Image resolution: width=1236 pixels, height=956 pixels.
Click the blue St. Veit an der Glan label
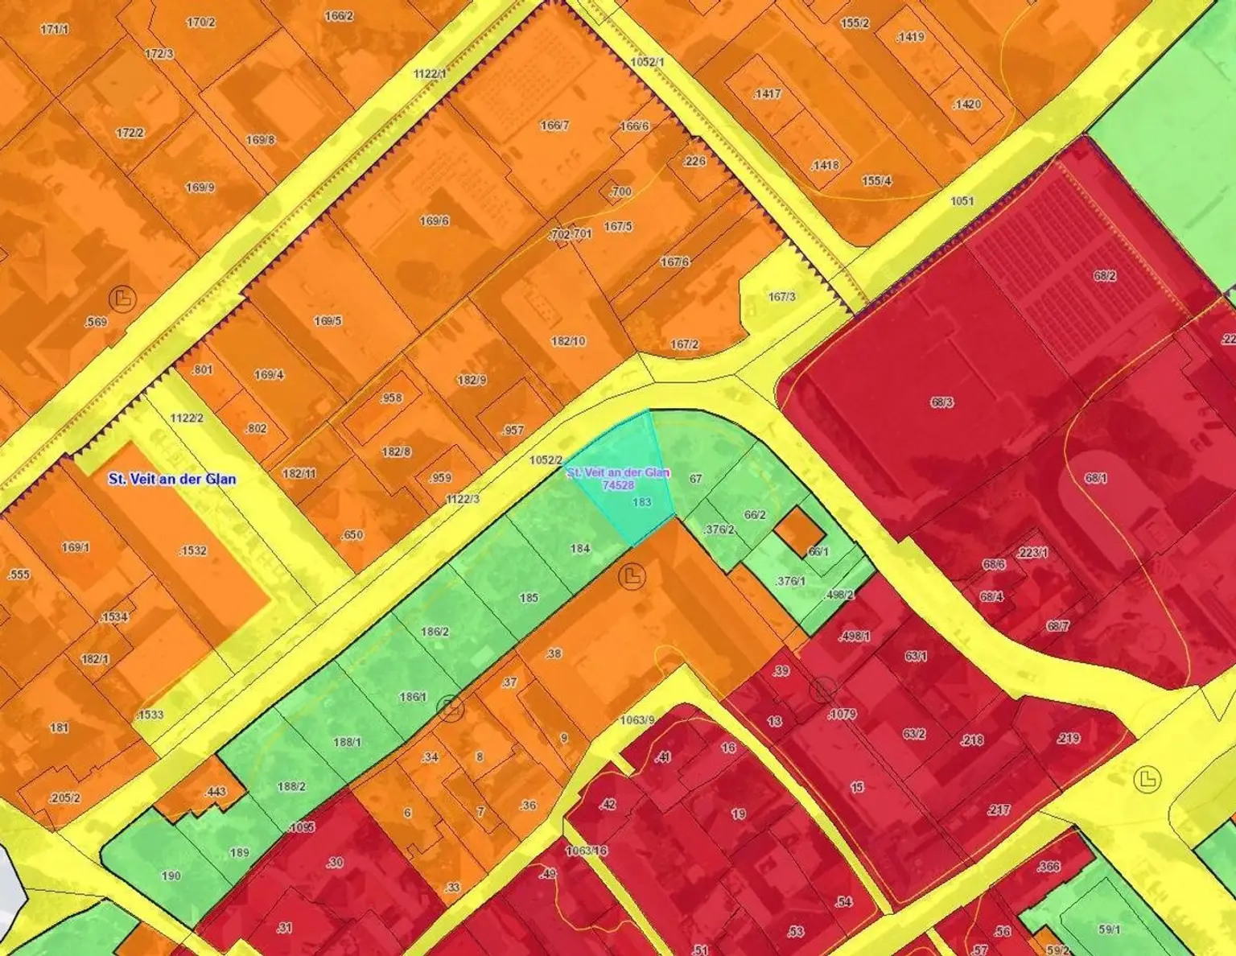tap(172, 479)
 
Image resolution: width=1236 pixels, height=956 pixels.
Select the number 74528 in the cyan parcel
tap(618, 484)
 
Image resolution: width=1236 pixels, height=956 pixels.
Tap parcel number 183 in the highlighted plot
tap(641, 502)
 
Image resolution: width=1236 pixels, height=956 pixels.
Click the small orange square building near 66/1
tap(799, 529)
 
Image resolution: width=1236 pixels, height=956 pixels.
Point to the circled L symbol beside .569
tap(122, 299)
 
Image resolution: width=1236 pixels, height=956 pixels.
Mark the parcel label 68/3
tap(941, 402)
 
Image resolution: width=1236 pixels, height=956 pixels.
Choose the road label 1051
tap(962, 201)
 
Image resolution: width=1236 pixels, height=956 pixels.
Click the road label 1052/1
tap(647, 62)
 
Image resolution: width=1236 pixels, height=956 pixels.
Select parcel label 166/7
tap(554, 126)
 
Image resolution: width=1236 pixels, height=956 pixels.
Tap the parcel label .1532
tap(192, 550)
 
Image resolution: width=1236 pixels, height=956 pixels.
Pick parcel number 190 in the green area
tap(171, 875)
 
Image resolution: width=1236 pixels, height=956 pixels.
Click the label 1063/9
tap(638, 719)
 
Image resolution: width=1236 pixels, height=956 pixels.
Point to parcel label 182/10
tap(568, 341)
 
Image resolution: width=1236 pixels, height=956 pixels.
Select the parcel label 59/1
tap(1109, 929)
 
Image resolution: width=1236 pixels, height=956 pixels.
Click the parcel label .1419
tap(910, 37)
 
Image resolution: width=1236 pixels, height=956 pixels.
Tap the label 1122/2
tap(187, 418)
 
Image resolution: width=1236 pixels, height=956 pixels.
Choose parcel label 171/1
tap(54, 29)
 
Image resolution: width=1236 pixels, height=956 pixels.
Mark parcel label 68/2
tap(1104, 276)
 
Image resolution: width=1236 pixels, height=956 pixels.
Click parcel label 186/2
tap(435, 632)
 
